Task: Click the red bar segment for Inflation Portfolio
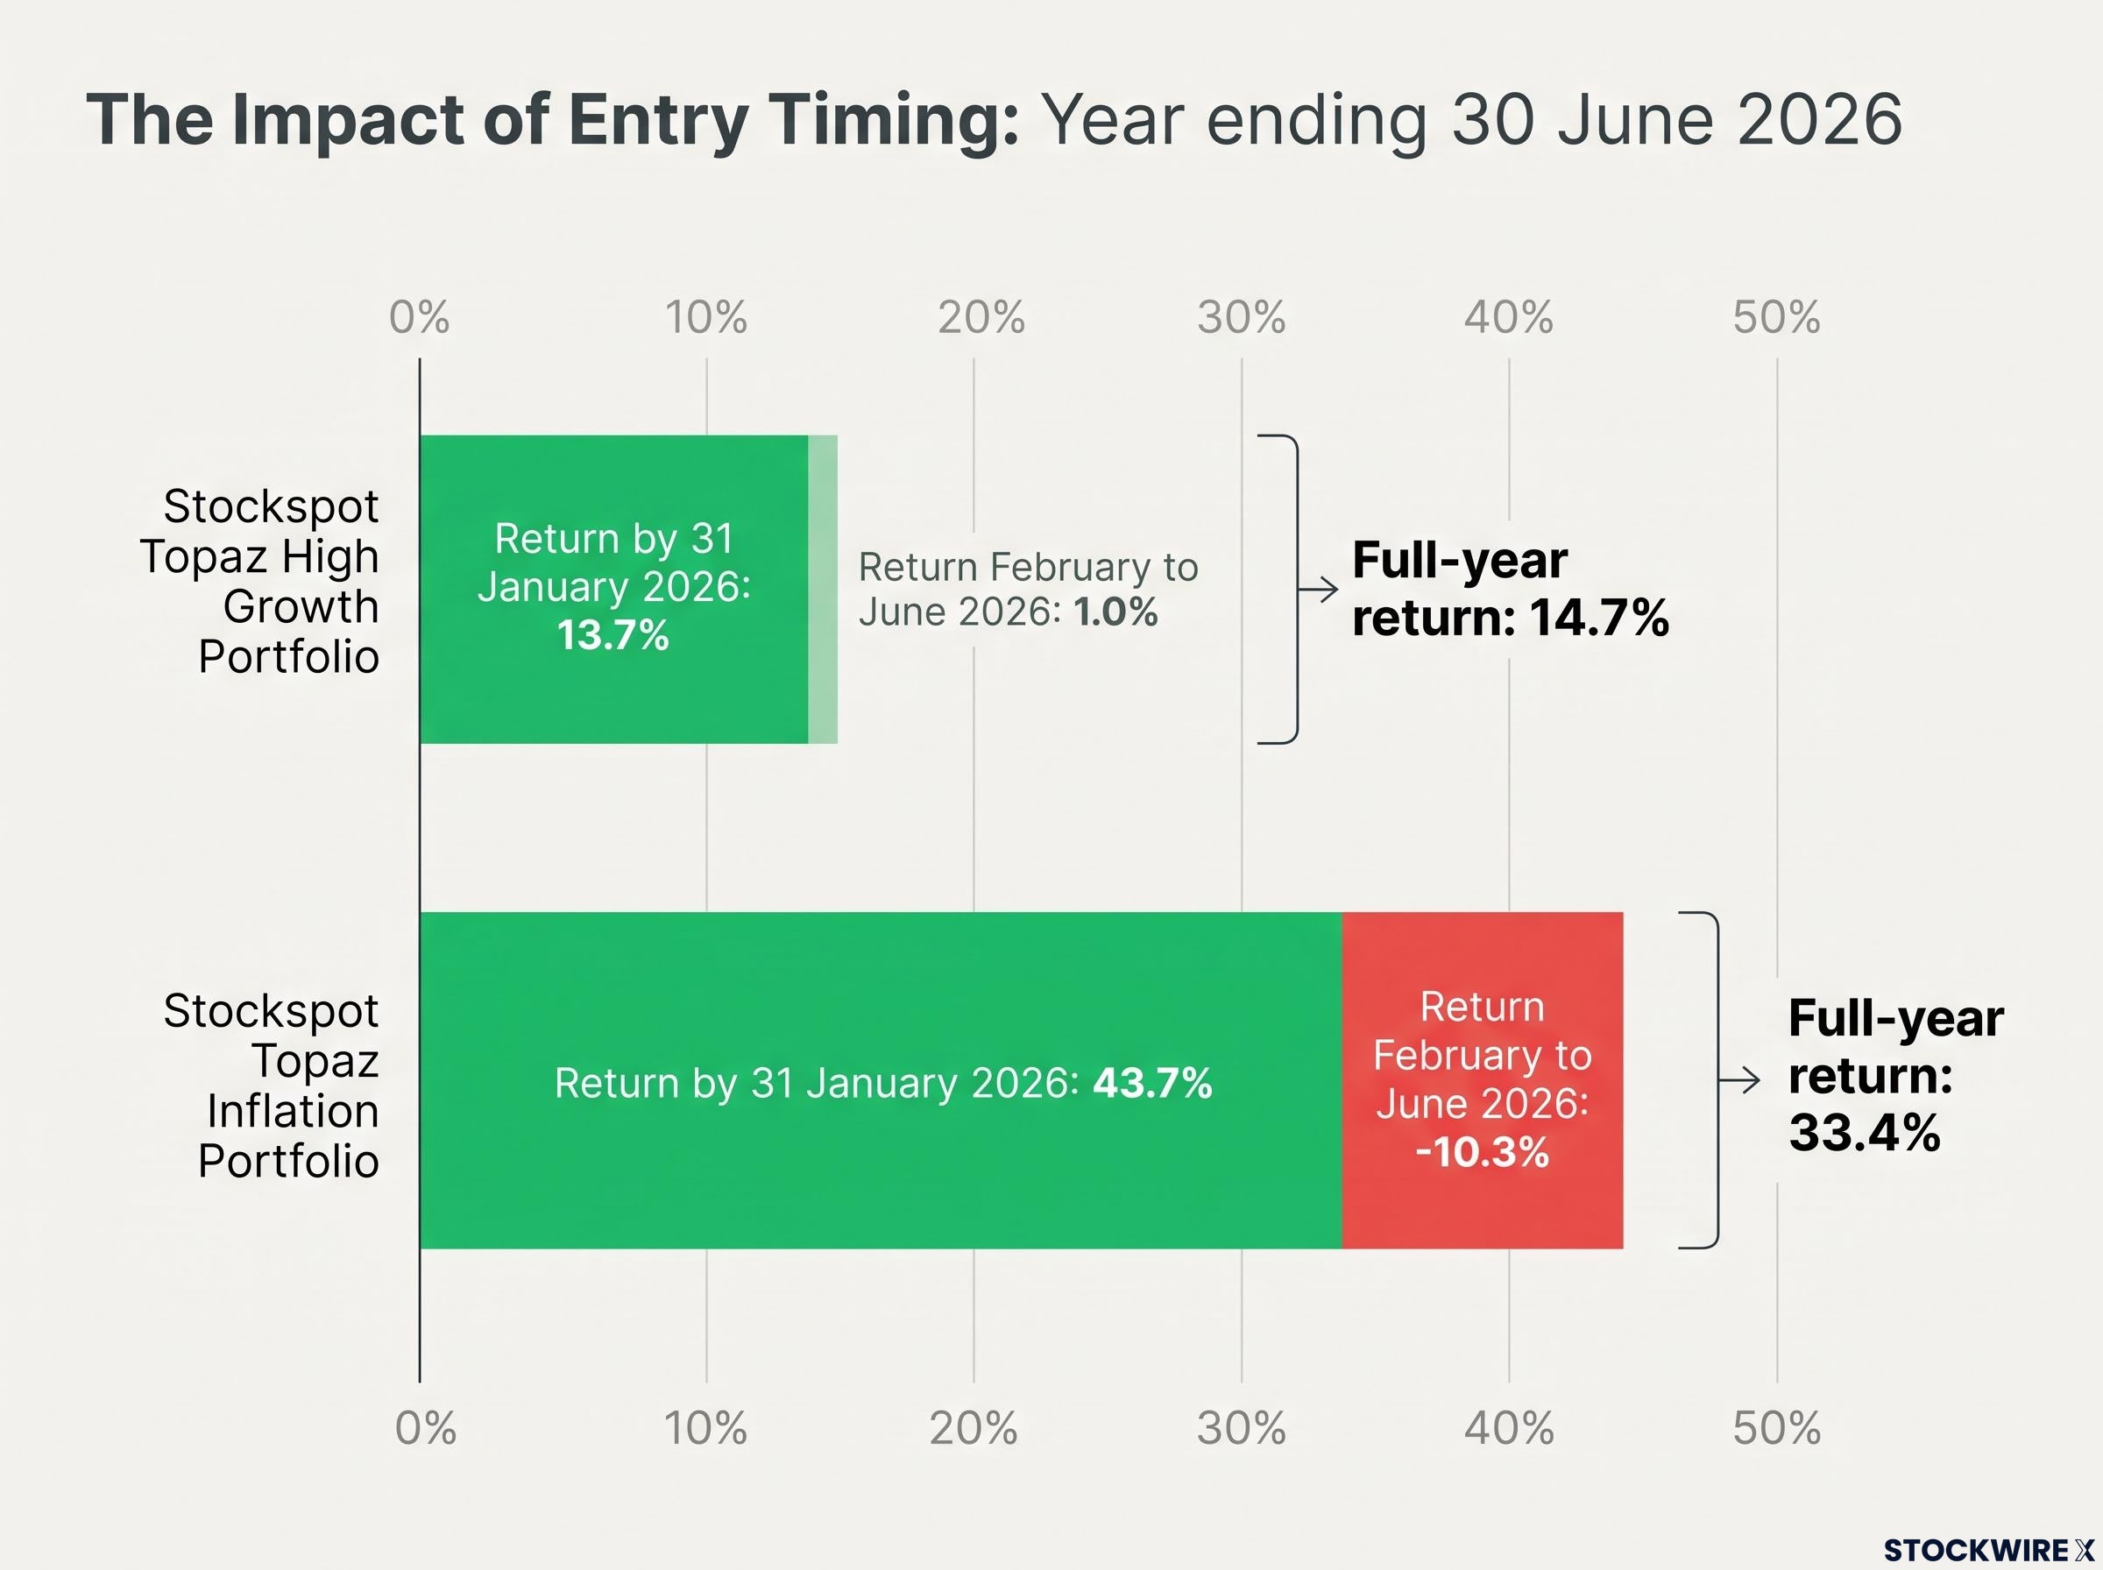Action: [1483, 1080]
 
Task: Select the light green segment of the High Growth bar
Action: [823, 590]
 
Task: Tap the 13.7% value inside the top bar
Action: [613, 635]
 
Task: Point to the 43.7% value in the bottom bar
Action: [1152, 1084]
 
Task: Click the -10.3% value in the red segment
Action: [1483, 1152]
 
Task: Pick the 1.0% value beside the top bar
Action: [1115, 612]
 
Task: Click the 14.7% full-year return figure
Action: [1599, 618]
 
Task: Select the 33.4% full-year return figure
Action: [1865, 1133]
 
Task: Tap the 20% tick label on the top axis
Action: [981, 317]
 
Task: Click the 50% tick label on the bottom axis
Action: [1776, 1427]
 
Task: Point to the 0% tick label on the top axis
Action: [419, 317]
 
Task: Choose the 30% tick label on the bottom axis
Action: [1241, 1427]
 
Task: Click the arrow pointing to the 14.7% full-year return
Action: [1318, 591]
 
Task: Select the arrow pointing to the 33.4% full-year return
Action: [1739, 1080]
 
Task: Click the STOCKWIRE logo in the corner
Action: [1989, 1550]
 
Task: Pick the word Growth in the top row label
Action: [301, 607]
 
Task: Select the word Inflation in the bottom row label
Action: [293, 1111]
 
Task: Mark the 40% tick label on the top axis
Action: [1508, 317]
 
